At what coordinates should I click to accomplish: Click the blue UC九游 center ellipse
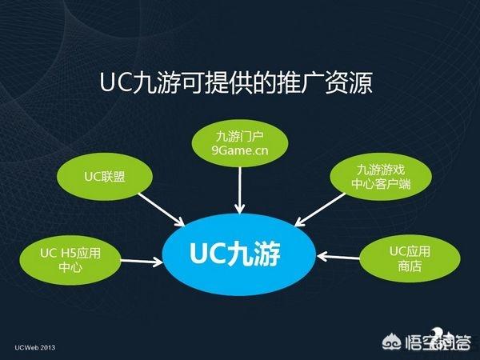pos(239,254)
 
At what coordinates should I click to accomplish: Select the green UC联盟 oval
pos(105,177)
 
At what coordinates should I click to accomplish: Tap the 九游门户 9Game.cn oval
pos(240,143)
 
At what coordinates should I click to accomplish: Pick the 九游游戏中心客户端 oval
pos(381,177)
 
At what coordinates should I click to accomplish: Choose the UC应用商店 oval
pos(410,258)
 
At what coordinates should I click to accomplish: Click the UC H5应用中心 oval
pos(70,260)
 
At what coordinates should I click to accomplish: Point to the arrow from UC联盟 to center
pos(162,210)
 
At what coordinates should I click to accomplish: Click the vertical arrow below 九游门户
pos(240,190)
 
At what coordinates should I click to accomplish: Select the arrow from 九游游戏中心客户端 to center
pos(320,210)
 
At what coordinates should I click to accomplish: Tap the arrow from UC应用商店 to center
pos(338,257)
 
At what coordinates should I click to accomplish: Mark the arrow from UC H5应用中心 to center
pos(142,262)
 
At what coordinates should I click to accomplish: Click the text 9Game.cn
pos(240,150)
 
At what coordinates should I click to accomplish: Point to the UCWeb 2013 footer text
pos(35,347)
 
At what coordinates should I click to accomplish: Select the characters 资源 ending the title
pos(349,82)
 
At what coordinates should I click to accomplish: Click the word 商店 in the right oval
pos(410,266)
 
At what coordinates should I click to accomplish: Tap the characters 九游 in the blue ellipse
pos(254,253)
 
